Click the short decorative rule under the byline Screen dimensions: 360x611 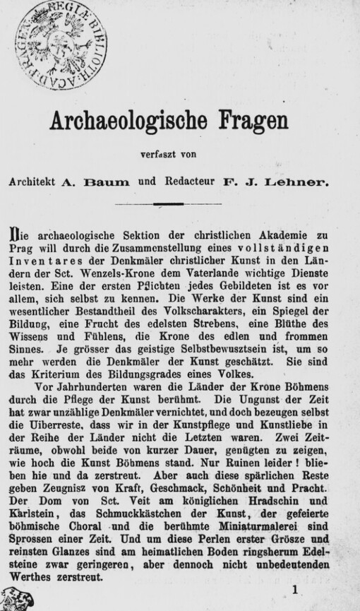click(x=173, y=204)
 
